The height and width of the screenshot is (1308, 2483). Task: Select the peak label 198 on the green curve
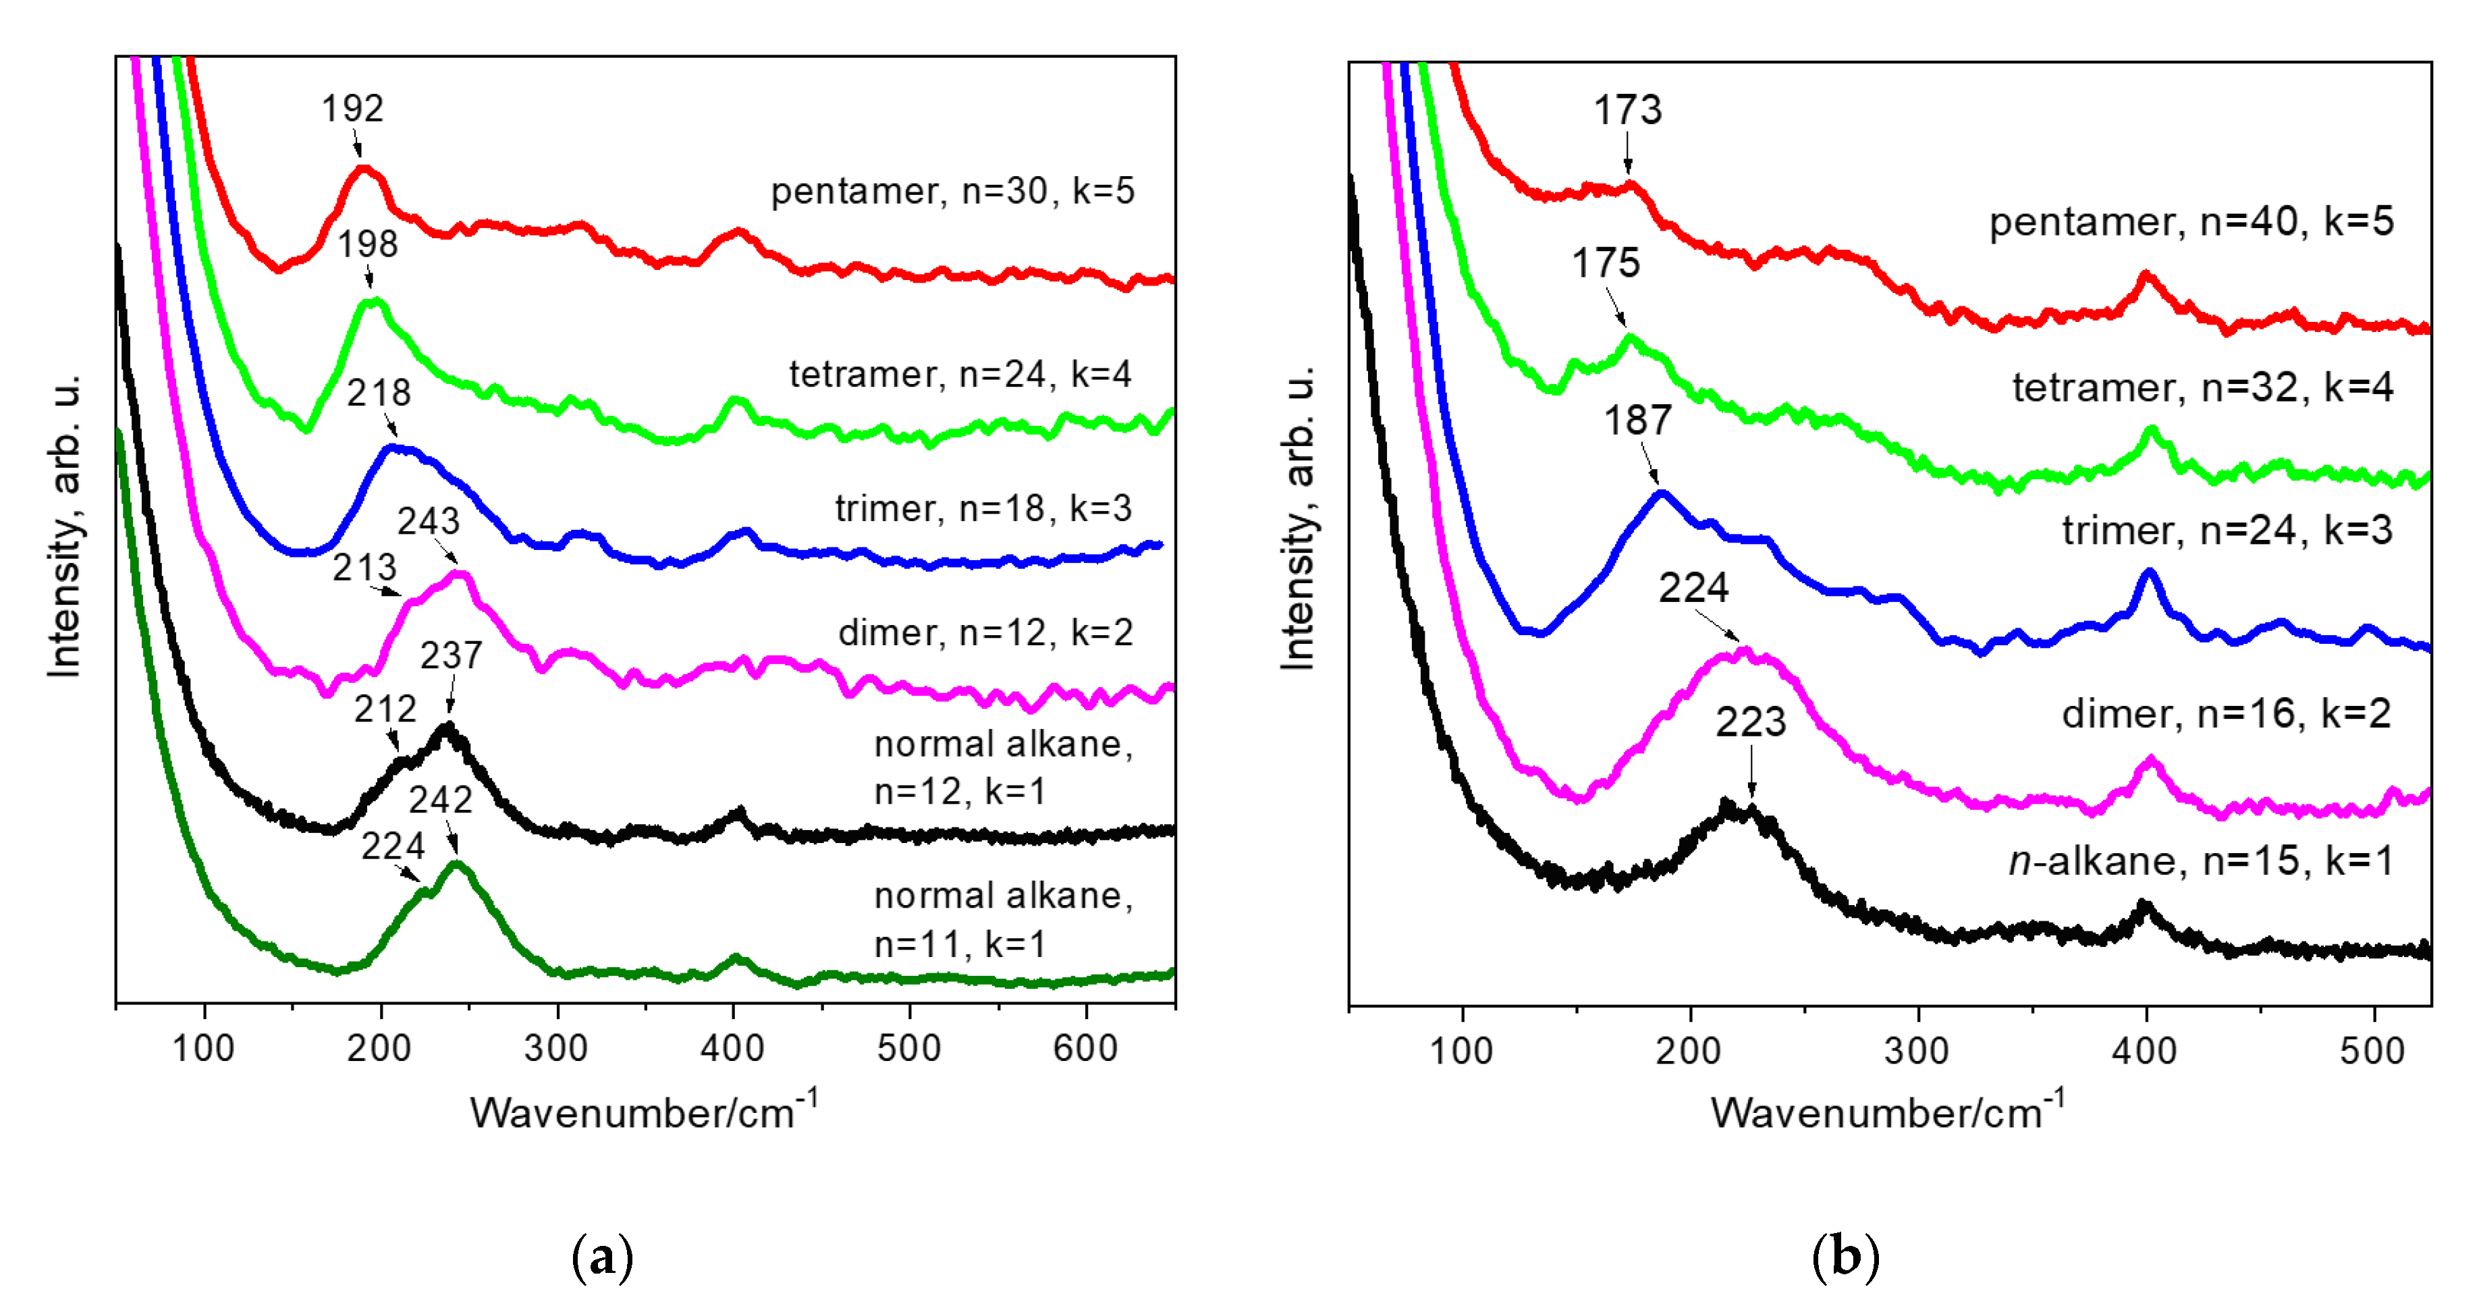coord(367,244)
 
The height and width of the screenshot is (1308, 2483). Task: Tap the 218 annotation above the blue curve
coord(379,392)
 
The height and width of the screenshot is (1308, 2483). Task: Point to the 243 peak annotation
coord(429,522)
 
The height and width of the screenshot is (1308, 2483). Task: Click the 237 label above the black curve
coord(451,655)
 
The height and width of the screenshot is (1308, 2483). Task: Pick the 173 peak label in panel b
coord(1627,110)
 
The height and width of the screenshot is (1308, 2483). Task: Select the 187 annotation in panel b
coord(1637,420)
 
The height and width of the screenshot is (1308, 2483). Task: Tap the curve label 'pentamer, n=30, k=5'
coord(952,191)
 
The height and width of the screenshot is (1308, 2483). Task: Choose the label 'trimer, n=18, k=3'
coord(983,508)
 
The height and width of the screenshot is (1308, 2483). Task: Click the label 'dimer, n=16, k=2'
coord(2226,713)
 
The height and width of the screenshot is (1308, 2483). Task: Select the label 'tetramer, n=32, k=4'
coord(2202,387)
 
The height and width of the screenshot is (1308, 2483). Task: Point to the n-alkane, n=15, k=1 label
coord(2201,860)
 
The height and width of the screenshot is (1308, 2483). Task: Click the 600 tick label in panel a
coord(1085,1047)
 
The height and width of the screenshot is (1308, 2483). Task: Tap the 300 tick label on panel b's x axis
coord(1917,1050)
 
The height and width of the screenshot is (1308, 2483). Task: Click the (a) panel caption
coord(603,1257)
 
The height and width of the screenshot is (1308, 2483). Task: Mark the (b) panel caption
coord(1845,1257)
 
